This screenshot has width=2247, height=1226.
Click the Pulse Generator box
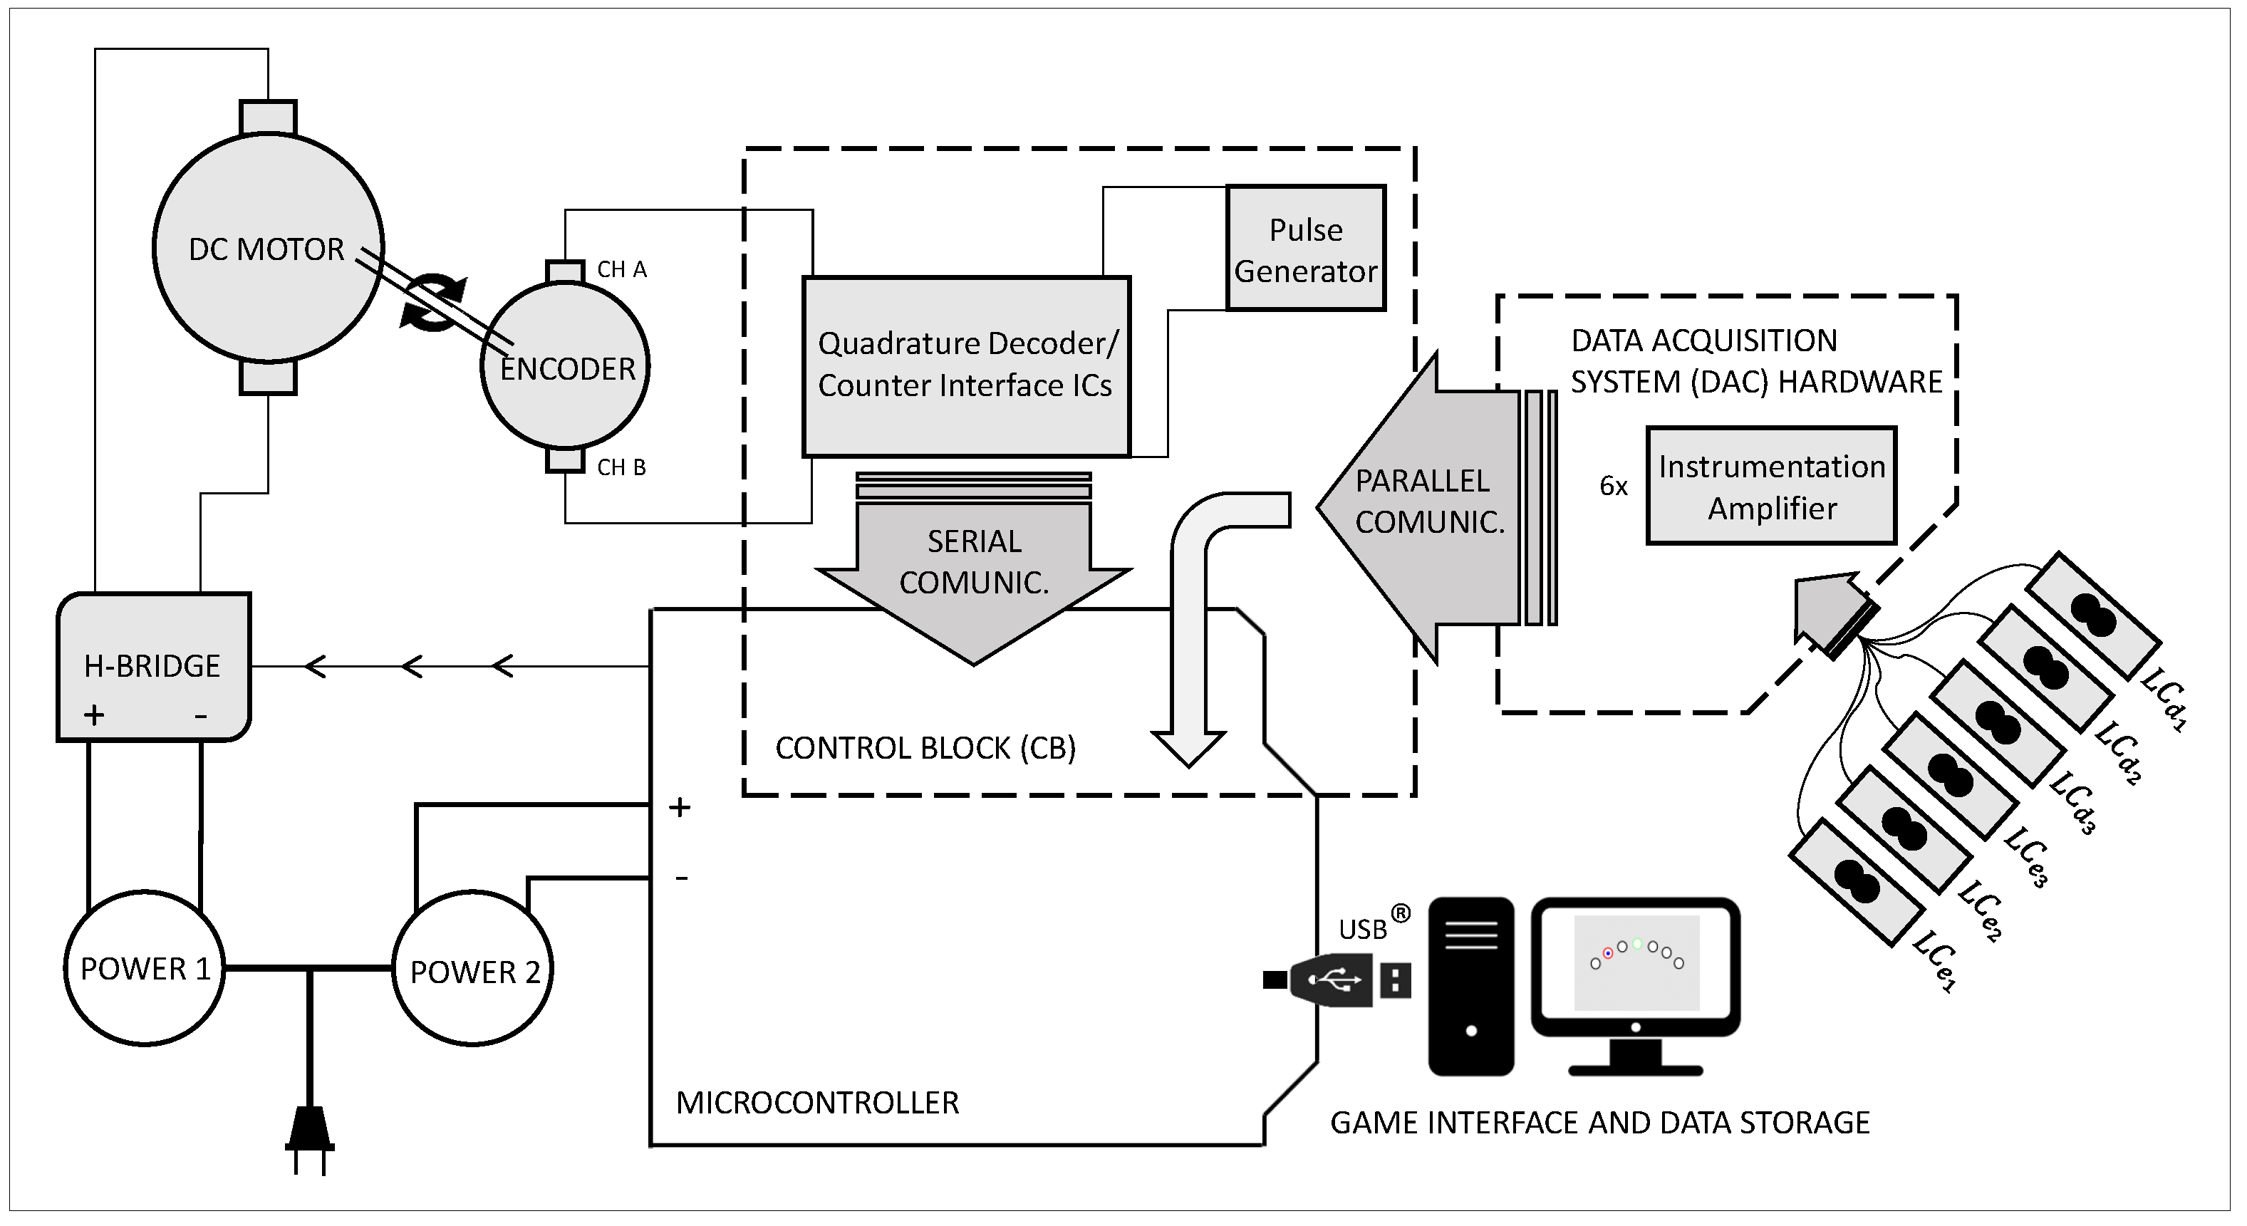pos(1305,249)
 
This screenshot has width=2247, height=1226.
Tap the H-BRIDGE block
pos(152,666)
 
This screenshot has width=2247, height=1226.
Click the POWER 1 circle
pos(145,968)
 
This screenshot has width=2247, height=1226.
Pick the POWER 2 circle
pos(473,970)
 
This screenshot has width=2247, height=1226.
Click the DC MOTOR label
pos(266,249)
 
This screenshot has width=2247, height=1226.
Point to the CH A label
pos(621,269)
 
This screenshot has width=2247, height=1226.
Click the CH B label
pos(621,467)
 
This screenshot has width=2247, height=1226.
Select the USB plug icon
pos(1334,980)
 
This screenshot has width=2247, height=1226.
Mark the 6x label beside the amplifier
pos(1613,487)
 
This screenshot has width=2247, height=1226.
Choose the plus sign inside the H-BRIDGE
pos(94,715)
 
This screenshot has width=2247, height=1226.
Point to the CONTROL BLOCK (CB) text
pos(925,748)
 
